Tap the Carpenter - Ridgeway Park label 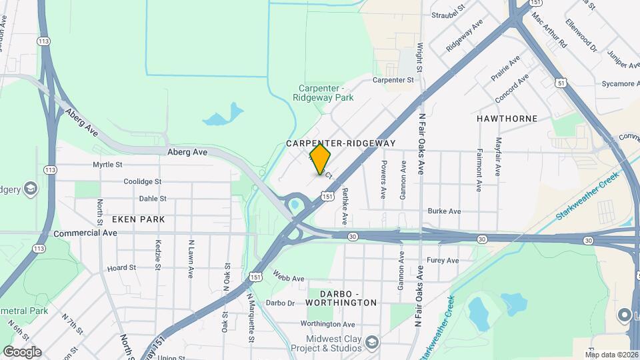(x=323, y=93)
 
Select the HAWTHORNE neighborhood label (x=507, y=119)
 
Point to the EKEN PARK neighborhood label (x=138, y=219)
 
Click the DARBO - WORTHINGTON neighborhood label (x=341, y=298)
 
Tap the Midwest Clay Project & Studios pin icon (x=372, y=342)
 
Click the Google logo (x=22, y=351)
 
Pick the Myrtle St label (x=107, y=164)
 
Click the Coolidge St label (x=142, y=181)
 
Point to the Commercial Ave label (x=85, y=233)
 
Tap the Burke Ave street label (x=445, y=211)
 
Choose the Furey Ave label (x=443, y=260)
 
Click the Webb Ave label (x=289, y=275)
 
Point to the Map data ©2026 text (x=611, y=354)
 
